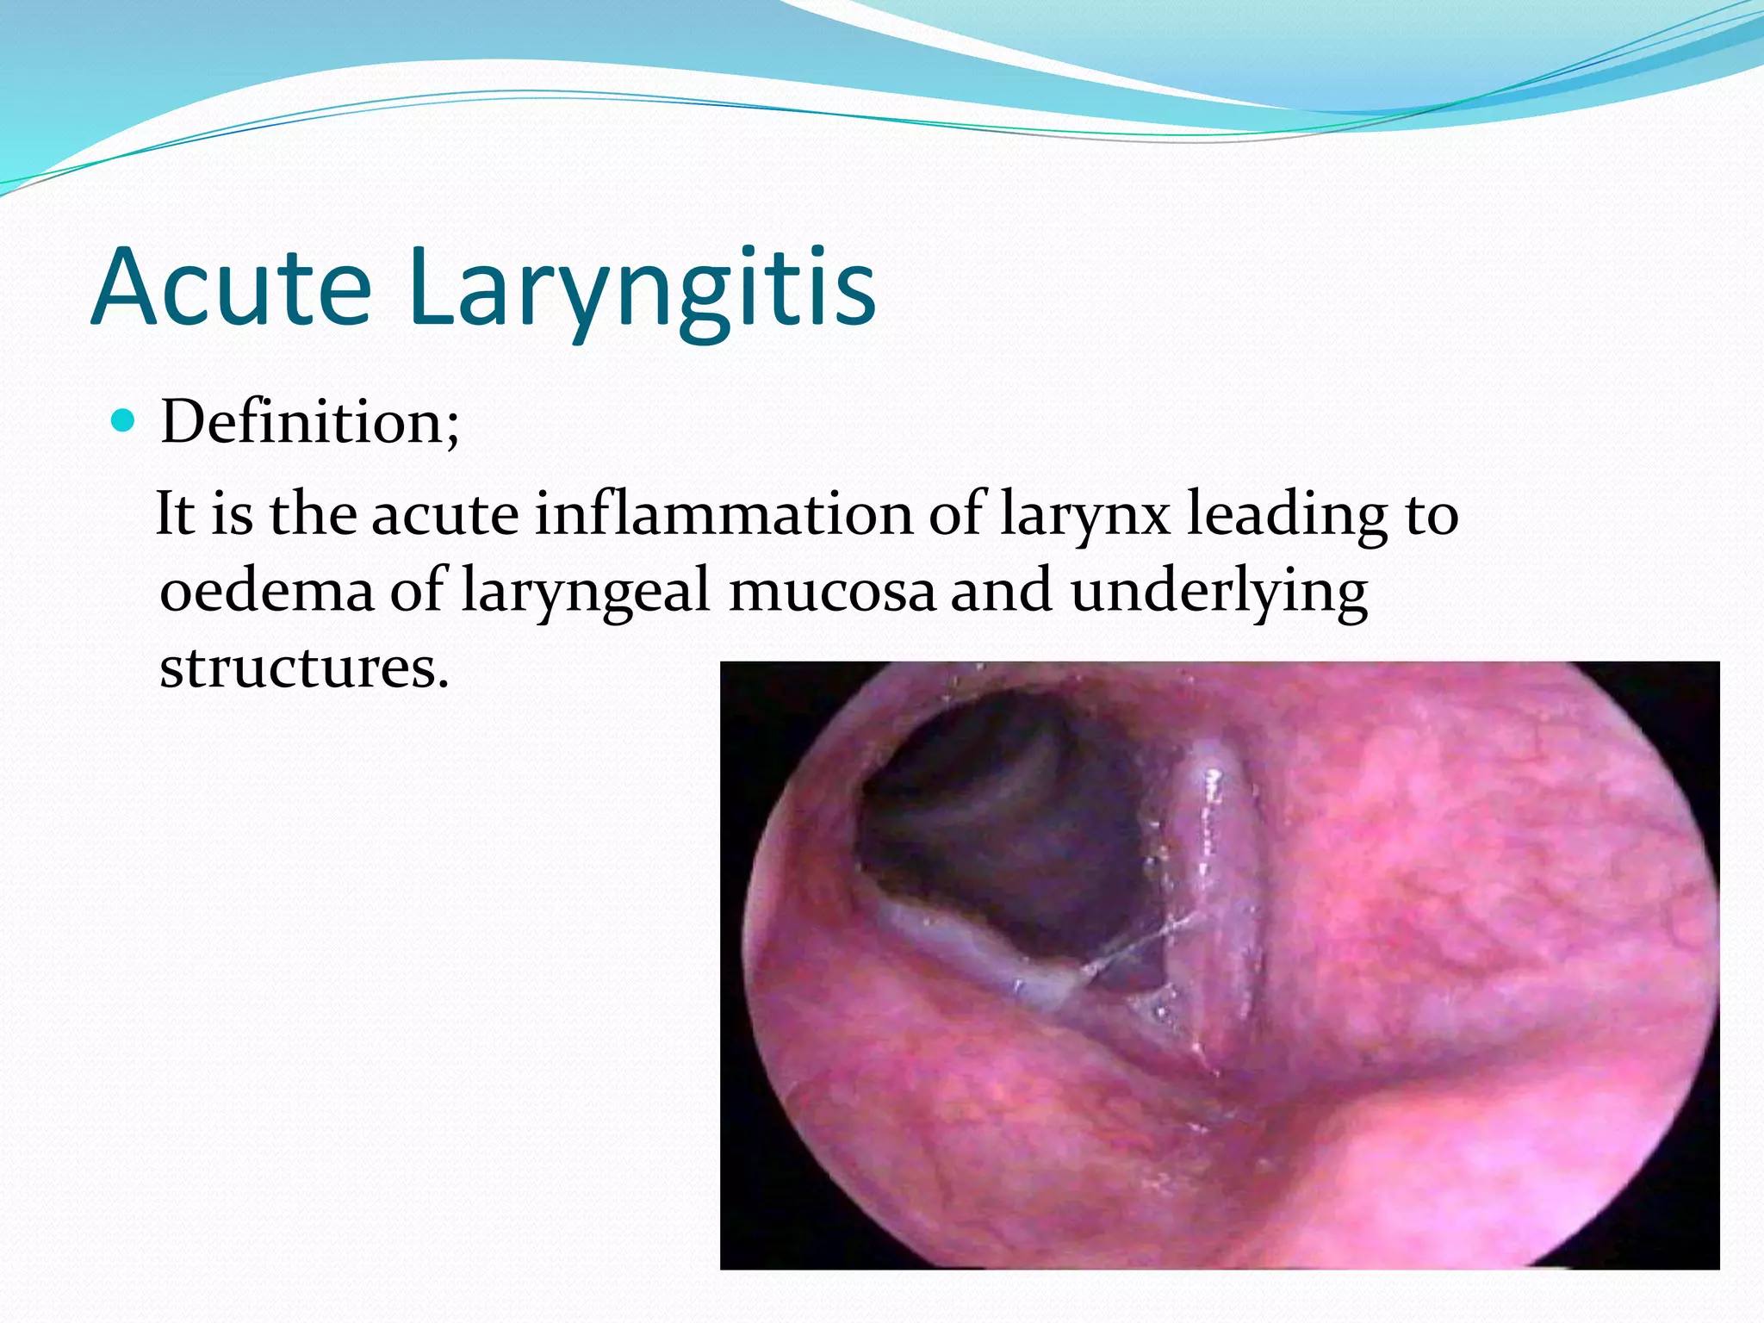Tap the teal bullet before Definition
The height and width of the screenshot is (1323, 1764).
(125, 421)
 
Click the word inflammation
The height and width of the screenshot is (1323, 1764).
(723, 514)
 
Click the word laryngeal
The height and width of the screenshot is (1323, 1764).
(586, 593)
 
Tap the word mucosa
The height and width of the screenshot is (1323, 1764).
(832, 592)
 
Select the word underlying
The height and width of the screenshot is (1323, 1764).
(1219, 593)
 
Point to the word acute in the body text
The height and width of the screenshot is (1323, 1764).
(444, 515)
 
